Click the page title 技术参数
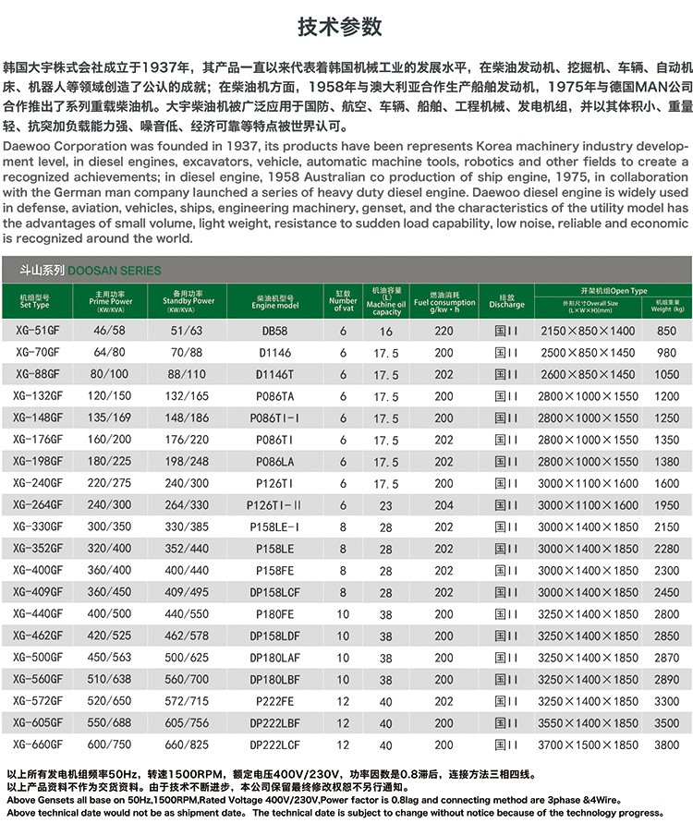coord(346,27)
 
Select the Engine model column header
coord(275,302)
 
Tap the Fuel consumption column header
coord(444,302)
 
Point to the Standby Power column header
coord(188,302)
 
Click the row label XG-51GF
coord(36,331)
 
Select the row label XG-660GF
coord(38,744)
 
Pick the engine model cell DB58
coord(274,331)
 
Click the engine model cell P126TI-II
coord(274,505)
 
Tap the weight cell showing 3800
coord(666,744)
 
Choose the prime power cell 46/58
coord(109,331)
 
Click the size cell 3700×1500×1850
coord(588,744)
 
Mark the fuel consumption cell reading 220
coord(444,331)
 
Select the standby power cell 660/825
coord(188,744)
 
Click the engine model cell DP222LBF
coord(274,723)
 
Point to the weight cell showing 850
coord(666,331)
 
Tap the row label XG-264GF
coord(38,505)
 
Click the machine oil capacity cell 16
coord(386,332)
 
